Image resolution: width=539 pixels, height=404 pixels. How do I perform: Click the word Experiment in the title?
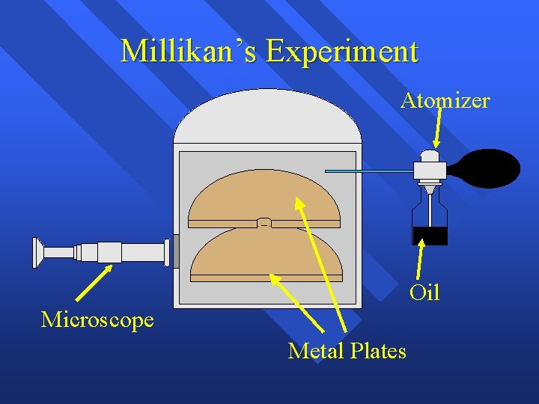tap(341, 52)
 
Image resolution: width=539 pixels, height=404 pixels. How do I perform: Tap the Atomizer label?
tap(445, 100)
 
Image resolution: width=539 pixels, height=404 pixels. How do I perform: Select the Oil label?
tap(424, 292)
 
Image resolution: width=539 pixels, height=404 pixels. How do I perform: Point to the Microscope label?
tap(97, 320)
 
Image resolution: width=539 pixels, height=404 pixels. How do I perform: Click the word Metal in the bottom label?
tap(314, 350)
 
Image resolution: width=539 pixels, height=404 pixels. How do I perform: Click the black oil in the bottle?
tap(430, 236)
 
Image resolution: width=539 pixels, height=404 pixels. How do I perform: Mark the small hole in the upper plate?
tap(264, 222)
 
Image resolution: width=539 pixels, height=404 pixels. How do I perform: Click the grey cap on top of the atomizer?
tap(429, 156)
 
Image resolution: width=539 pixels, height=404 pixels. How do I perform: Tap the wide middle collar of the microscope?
tap(109, 252)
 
